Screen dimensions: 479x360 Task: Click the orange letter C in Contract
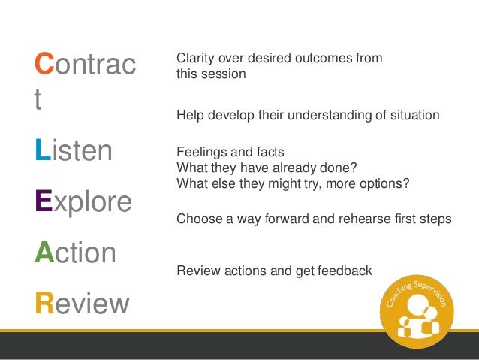pos(44,63)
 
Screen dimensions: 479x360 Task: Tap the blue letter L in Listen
pos(43,150)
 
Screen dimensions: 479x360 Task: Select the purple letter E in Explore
pos(44,201)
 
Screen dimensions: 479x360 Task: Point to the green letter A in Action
pos(44,252)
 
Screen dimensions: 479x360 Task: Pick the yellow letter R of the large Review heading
pos(44,303)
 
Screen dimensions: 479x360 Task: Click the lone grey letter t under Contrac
pos(38,98)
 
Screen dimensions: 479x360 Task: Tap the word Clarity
pos(195,59)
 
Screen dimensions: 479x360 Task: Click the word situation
pos(415,115)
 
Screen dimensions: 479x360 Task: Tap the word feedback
pos(345,271)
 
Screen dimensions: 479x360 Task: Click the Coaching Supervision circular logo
pos(417,312)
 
